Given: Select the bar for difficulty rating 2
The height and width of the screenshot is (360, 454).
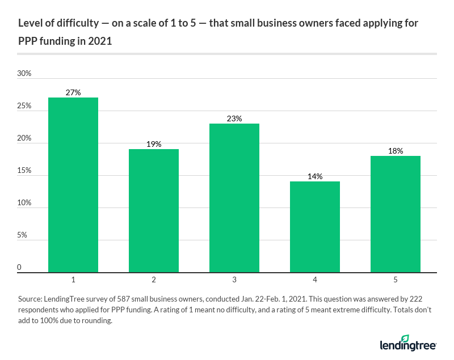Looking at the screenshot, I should click(x=154, y=210).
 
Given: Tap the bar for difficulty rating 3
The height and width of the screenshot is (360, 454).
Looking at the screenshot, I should click(x=234, y=198).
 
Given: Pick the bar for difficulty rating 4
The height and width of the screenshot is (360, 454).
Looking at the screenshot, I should click(x=315, y=227).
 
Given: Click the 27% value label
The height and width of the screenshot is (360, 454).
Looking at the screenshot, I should click(x=73, y=92).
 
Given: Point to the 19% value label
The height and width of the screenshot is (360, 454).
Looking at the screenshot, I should click(x=154, y=144).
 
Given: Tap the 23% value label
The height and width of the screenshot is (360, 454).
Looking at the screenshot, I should click(x=234, y=118).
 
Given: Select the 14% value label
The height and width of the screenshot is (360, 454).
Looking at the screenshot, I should click(x=315, y=176).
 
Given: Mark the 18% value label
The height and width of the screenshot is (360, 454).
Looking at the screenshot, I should click(x=396, y=151).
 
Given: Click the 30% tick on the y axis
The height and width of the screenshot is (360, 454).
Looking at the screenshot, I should click(x=24, y=74).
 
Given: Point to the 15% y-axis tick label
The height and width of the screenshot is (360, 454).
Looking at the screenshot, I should click(x=24, y=171).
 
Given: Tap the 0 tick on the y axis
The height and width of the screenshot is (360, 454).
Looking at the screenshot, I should click(x=20, y=268).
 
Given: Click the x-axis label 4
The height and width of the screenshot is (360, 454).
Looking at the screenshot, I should click(x=315, y=280).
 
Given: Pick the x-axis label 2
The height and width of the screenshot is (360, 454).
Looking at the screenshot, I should click(x=154, y=280).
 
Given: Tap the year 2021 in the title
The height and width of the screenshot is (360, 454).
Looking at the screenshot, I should click(x=98, y=41).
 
